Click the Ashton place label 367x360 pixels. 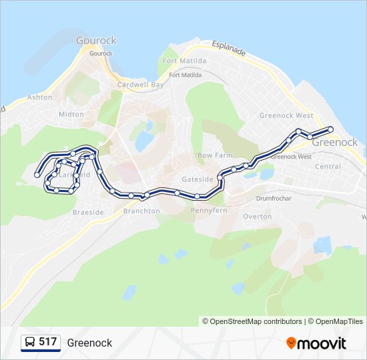[39, 97]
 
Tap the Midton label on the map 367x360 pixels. [71, 114]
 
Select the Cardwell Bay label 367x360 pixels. [140, 85]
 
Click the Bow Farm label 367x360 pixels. [214, 155]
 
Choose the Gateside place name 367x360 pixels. [198, 179]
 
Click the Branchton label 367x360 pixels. [141, 211]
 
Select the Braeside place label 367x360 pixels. [88, 213]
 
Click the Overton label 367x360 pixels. [257, 217]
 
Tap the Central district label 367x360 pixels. [328, 167]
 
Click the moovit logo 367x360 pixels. [316, 343]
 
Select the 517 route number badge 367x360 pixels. [47, 342]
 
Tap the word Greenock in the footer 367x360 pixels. [89, 343]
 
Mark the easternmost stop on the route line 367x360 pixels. [330, 129]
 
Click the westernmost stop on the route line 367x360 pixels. [37, 175]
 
